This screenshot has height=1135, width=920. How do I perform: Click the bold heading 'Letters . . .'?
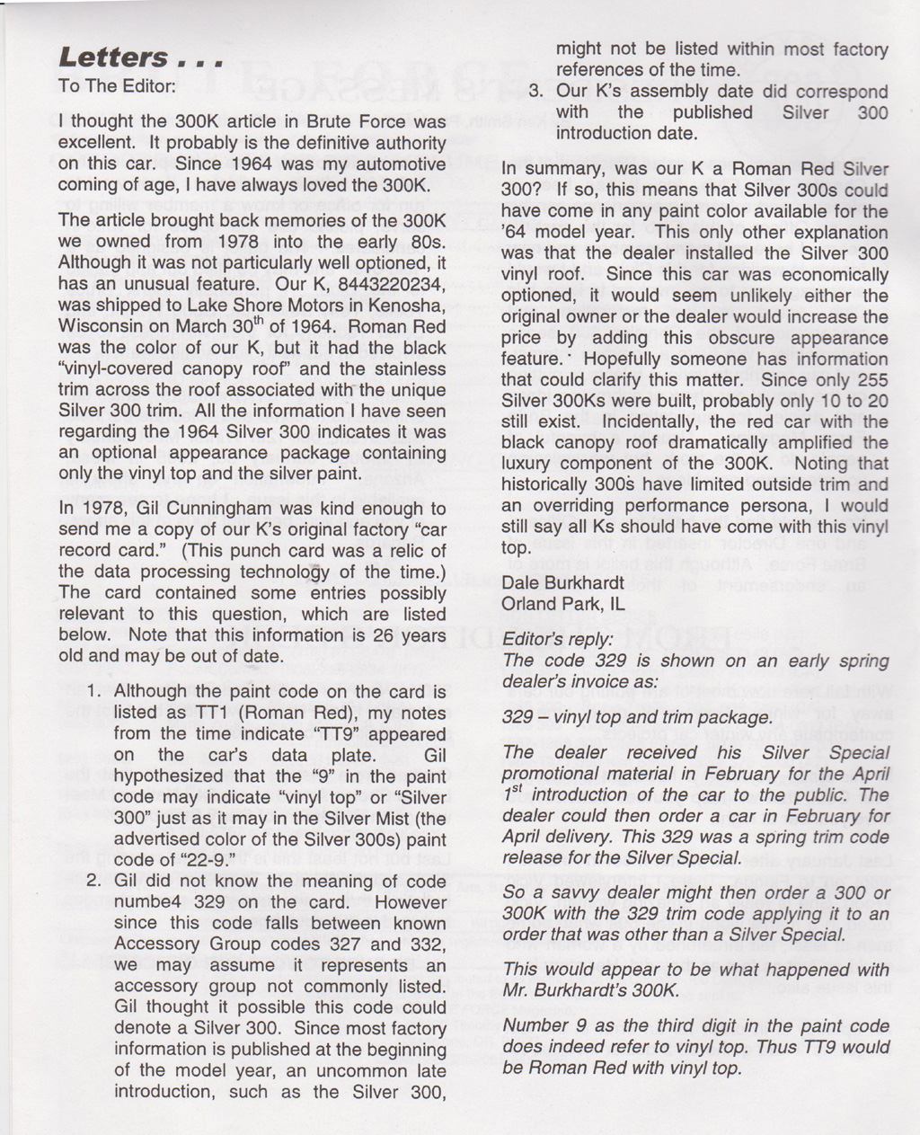pyautogui.click(x=139, y=58)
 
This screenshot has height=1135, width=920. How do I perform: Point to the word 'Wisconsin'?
pyautogui.click(x=98, y=326)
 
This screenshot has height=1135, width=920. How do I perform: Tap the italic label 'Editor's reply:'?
pyautogui.click(x=557, y=640)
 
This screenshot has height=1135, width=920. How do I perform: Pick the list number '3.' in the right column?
pyautogui.click(x=536, y=91)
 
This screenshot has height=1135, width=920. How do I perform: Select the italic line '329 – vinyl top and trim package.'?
pyautogui.click(x=637, y=717)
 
